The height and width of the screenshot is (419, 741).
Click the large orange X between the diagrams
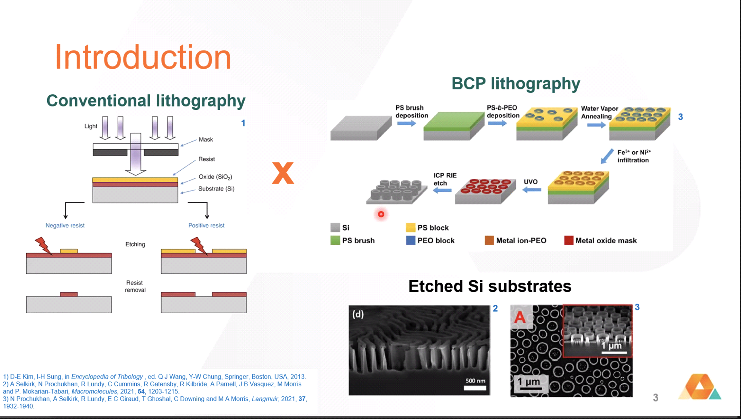tap(283, 173)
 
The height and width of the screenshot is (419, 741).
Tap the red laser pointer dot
tap(381, 214)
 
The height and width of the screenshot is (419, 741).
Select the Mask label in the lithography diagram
tap(206, 139)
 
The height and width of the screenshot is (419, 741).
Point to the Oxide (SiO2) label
tap(215, 177)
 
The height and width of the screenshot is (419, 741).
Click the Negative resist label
tap(65, 225)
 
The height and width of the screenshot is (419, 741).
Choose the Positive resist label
tap(206, 225)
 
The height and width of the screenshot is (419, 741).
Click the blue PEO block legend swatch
tap(411, 240)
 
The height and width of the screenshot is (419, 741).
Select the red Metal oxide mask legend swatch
tap(569, 240)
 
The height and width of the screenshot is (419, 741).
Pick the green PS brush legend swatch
tap(335, 240)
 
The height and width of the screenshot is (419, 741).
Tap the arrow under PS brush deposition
tap(406, 123)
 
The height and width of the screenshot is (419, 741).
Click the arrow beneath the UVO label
tap(532, 190)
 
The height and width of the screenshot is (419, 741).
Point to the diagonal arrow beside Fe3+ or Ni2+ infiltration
tap(607, 156)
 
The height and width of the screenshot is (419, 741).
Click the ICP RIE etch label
tap(445, 179)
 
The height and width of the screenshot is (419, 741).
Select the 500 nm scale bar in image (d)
tap(475, 388)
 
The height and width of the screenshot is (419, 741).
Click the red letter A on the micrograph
tap(520, 317)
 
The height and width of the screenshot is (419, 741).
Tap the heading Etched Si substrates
tap(490, 286)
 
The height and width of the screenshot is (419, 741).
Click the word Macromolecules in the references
tap(94, 391)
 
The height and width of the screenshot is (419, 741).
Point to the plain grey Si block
tap(361, 128)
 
